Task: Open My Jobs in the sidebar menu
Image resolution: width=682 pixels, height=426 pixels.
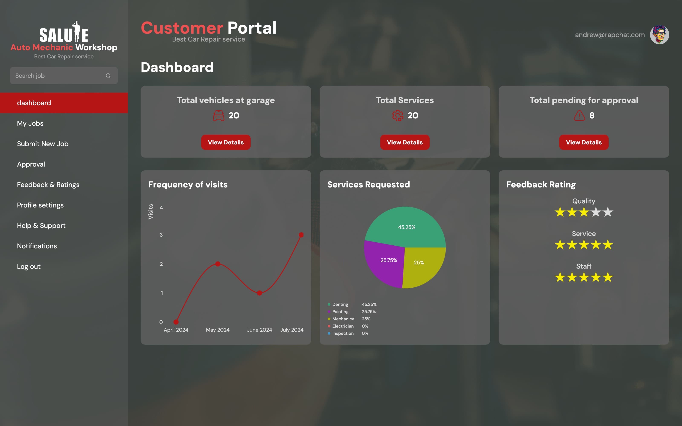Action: pyautogui.click(x=30, y=123)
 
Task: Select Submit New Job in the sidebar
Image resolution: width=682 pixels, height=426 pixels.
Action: pyautogui.click(x=43, y=144)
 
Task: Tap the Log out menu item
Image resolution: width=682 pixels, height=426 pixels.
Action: pyautogui.click(x=29, y=266)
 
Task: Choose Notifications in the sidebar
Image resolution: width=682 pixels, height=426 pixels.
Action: pyautogui.click(x=37, y=246)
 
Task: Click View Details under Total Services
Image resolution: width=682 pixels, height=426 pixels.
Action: pyautogui.click(x=405, y=142)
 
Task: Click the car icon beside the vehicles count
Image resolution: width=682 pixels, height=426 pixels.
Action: pyautogui.click(x=218, y=115)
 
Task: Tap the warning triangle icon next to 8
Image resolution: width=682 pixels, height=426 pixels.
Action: pyautogui.click(x=579, y=115)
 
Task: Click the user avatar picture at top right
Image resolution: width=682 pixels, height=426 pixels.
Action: pyautogui.click(x=659, y=35)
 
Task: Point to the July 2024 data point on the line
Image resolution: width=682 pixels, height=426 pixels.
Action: pyautogui.click(x=301, y=235)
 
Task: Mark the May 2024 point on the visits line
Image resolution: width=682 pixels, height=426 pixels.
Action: pyautogui.click(x=218, y=264)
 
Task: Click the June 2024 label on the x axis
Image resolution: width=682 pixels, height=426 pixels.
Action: pyautogui.click(x=259, y=330)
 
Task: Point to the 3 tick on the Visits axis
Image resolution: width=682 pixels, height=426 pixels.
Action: pyautogui.click(x=161, y=235)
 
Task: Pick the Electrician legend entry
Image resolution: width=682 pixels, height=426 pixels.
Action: pyautogui.click(x=343, y=326)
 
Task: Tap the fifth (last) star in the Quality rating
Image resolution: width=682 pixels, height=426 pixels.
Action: pyautogui.click(x=608, y=212)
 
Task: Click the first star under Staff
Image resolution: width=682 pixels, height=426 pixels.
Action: pyautogui.click(x=560, y=278)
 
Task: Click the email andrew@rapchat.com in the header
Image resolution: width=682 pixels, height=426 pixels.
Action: pyautogui.click(x=610, y=35)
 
